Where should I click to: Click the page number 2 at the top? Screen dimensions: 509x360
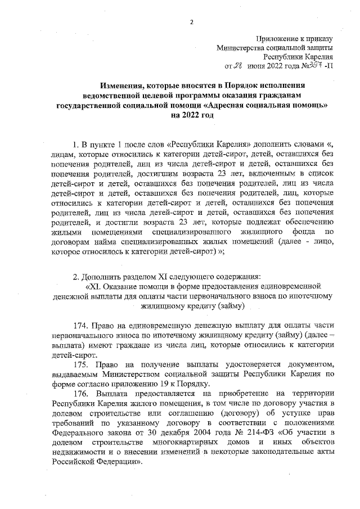pyautogui.click(x=191, y=22)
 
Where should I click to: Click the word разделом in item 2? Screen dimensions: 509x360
pyautogui.click(x=136, y=277)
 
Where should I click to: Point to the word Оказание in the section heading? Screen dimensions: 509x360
pyautogui.click(x=125, y=286)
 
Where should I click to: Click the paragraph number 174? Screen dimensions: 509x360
pyautogui.click(x=82, y=326)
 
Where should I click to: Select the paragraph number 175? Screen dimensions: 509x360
pyautogui.click(x=82, y=365)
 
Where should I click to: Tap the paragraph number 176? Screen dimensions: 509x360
pyautogui.click(x=82, y=394)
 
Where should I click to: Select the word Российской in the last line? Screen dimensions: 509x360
pyautogui.click(x=75, y=463)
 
